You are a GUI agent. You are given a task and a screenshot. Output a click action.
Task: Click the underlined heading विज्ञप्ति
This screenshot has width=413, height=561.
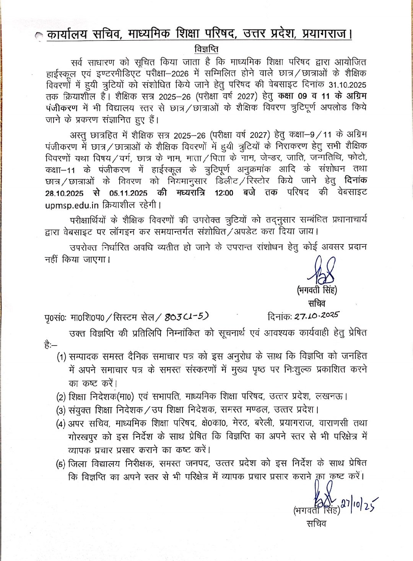(206, 50)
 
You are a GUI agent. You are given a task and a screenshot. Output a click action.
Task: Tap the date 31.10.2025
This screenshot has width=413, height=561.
(346, 85)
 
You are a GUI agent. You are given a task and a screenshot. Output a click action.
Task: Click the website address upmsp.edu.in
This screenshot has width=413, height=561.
(72, 205)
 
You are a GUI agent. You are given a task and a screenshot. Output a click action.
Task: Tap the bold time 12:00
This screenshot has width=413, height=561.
(224, 193)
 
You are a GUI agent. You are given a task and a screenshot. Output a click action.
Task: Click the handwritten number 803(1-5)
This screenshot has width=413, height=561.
(187, 317)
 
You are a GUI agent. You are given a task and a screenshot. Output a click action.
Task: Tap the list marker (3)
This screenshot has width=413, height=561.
(61, 411)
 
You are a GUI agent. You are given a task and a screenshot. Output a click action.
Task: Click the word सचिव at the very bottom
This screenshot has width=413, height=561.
(316, 523)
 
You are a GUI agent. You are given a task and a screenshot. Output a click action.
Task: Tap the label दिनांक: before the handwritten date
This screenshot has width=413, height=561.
(280, 317)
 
